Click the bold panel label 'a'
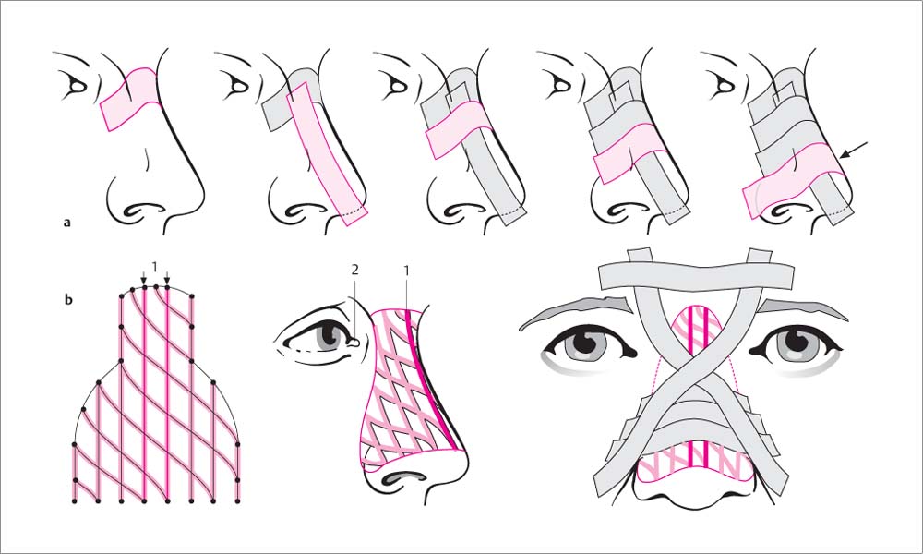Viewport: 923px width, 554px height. [x=67, y=223]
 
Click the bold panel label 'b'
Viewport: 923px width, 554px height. [x=68, y=300]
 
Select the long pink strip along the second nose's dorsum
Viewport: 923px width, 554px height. [x=327, y=153]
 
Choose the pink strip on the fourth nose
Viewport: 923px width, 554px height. [x=629, y=152]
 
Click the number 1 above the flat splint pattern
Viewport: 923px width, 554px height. [x=155, y=267]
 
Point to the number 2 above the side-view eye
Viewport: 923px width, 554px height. [x=355, y=270]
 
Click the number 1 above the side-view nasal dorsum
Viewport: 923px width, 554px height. [x=406, y=270]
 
